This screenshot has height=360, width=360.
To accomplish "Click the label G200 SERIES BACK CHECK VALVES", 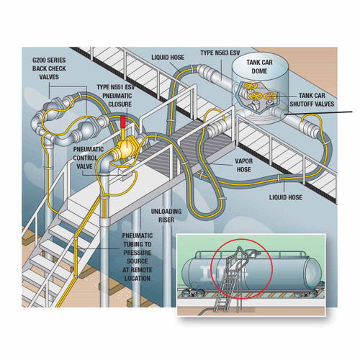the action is (49, 68).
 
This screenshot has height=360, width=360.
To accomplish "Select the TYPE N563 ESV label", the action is (220, 53).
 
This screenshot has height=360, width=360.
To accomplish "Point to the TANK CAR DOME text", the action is (259, 67).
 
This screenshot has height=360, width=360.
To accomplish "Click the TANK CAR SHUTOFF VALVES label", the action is (312, 100).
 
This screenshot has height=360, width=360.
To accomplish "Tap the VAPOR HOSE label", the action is (244, 165).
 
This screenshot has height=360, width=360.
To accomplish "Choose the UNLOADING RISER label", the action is (166, 215).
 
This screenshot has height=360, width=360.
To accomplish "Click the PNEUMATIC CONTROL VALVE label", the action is (89, 158).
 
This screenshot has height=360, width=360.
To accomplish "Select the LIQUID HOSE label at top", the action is (168, 58).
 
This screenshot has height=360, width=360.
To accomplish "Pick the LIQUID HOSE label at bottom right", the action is (286, 197).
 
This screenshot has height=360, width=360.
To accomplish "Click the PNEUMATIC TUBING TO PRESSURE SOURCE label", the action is (138, 257).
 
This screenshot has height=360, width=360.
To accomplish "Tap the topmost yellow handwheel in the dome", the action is (251, 86).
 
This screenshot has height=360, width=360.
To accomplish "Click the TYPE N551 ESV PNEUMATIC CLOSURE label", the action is (116, 96).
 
